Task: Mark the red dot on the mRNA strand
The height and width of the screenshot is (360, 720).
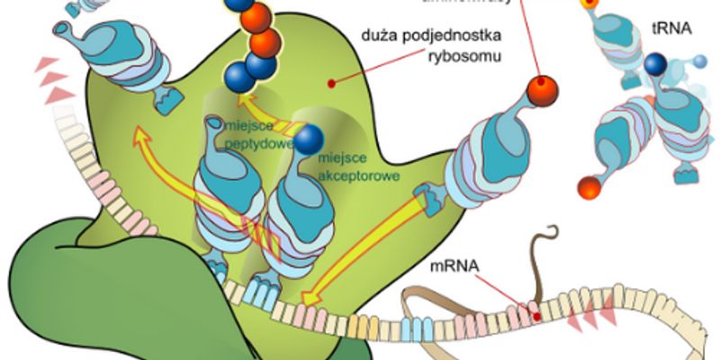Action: point(536,316)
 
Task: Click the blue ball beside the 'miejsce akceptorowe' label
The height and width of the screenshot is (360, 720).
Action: point(310,139)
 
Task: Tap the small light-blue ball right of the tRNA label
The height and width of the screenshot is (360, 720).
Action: point(700,61)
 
